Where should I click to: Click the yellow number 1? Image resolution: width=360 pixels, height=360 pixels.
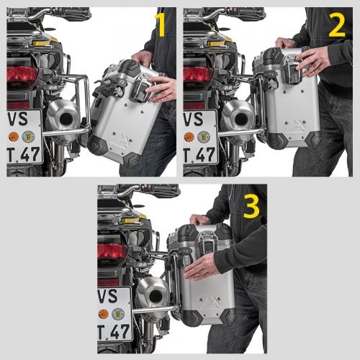[x=161, y=26]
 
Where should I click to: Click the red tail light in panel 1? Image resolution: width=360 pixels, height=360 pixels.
[x=22, y=76]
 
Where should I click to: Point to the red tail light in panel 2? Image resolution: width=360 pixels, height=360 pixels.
[x=197, y=76]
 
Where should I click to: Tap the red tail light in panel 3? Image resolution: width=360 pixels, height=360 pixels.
[x=112, y=253]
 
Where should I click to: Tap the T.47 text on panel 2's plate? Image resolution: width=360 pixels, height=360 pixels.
[x=199, y=153]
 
